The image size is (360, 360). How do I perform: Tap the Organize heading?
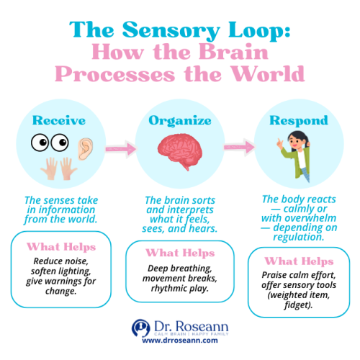click(x=179, y=120)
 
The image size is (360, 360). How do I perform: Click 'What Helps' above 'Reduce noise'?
click(x=59, y=247)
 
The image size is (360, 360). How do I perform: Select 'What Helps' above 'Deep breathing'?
click(x=179, y=253)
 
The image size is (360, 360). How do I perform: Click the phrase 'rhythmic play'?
click(x=179, y=288)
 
